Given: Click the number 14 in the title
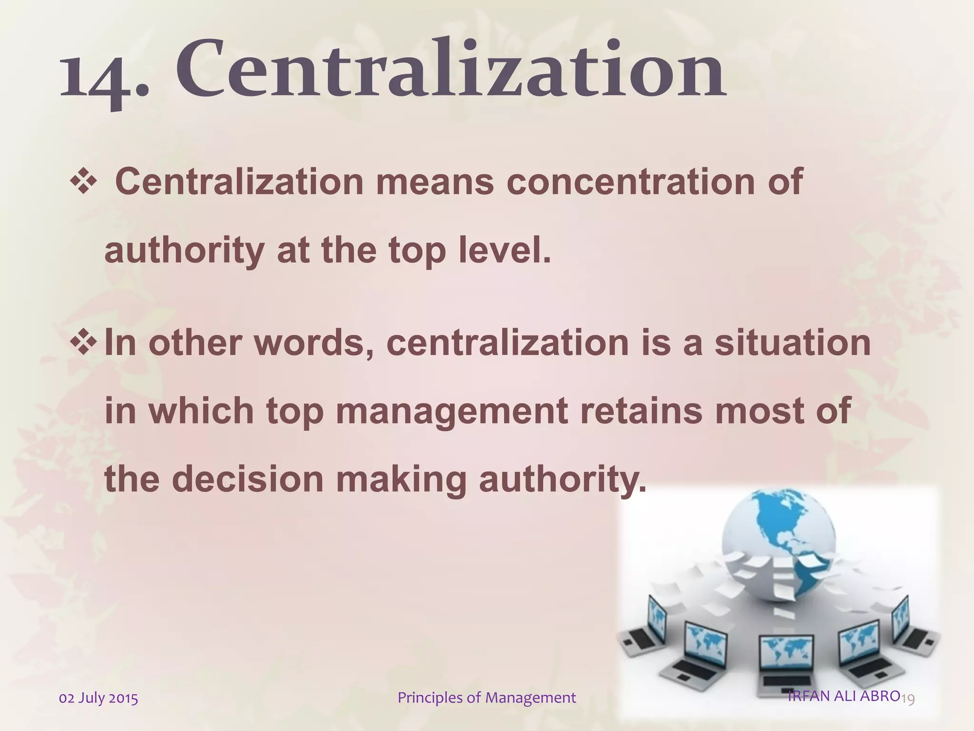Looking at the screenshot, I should coord(95,76).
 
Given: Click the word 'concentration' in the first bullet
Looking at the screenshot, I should coord(630,182).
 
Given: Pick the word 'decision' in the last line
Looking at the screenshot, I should coord(247,479).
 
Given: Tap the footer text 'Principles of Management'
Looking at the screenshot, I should coord(487,698).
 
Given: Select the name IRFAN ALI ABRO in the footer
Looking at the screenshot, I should coord(843,696).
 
